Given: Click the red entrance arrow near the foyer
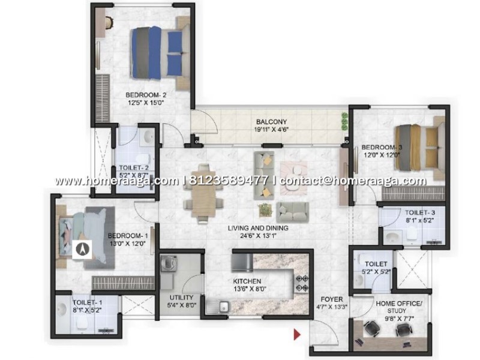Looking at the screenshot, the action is click(x=297, y=334).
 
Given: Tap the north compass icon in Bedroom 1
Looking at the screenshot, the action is click(x=82, y=249).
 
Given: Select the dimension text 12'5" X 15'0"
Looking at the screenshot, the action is click(x=146, y=103).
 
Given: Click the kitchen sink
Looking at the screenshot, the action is click(x=224, y=307).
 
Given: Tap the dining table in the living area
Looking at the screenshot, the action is click(x=203, y=194).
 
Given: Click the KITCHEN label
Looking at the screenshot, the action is click(x=247, y=281).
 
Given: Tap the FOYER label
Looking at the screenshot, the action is click(x=332, y=299).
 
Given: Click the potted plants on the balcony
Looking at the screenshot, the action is click(x=344, y=122).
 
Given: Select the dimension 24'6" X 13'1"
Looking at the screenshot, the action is click(x=258, y=236).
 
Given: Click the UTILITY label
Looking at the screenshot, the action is click(x=182, y=297).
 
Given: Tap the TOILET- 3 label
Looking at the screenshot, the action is click(x=420, y=212).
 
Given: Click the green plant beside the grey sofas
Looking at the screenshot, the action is click(x=265, y=211).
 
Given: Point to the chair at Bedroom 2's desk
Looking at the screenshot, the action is click(x=110, y=22).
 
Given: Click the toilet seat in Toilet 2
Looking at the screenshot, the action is click(x=143, y=158).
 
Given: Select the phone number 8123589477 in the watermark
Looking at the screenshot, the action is click(x=229, y=181).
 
